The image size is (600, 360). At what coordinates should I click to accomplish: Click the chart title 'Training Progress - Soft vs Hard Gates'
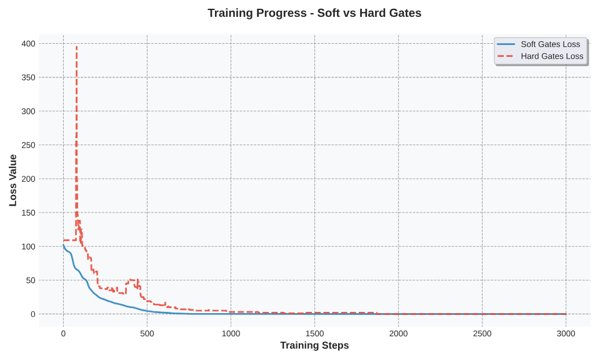click(314, 13)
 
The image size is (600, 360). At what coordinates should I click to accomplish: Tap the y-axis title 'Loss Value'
click(13, 180)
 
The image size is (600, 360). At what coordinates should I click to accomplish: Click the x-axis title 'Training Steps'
click(314, 346)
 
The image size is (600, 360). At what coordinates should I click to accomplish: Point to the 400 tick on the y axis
click(28, 44)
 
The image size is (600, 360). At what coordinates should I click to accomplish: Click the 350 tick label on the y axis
click(28, 77)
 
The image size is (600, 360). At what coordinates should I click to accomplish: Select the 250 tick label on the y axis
click(28, 145)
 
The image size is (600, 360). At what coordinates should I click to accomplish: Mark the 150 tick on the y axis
click(28, 212)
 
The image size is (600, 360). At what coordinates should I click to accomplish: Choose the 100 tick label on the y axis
click(28, 246)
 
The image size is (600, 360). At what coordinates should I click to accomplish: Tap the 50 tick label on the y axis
click(31, 280)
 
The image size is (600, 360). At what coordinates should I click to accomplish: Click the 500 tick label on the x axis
click(147, 334)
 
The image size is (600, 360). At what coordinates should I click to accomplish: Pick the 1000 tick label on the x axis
click(231, 334)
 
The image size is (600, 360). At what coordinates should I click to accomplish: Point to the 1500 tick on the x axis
click(314, 334)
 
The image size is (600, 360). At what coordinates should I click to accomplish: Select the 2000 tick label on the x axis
click(398, 334)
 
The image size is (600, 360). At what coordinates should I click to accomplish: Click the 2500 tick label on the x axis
click(482, 334)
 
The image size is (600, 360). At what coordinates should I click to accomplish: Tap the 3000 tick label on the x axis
click(566, 334)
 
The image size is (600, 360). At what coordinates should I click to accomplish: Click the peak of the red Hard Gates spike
click(76, 47)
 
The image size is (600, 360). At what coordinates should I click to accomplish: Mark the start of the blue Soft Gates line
click(63, 246)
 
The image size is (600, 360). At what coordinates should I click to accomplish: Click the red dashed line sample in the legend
click(506, 56)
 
